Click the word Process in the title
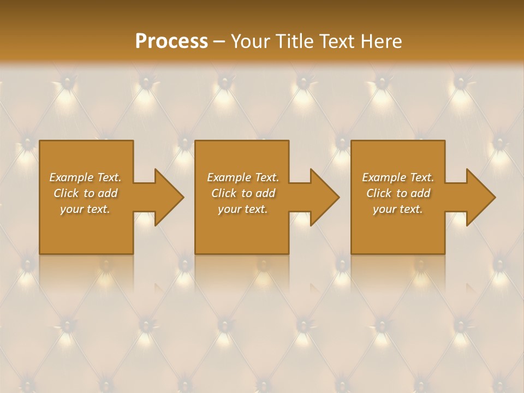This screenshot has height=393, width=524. [x=171, y=41]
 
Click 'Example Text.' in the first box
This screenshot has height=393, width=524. [x=85, y=177]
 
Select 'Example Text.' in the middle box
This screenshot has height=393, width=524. [x=243, y=177]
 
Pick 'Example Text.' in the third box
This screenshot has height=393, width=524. [x=398, y=177]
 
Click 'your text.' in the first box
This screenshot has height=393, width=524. [x=85, y=209]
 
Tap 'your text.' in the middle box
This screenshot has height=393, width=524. [x=243, y=209]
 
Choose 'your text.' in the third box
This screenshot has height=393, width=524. [x=398, y=209]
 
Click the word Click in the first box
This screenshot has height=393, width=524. [x=67, y=193]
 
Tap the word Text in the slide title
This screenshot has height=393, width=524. [x=335, y=41]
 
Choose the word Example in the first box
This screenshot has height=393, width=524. [x=72, y=177]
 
